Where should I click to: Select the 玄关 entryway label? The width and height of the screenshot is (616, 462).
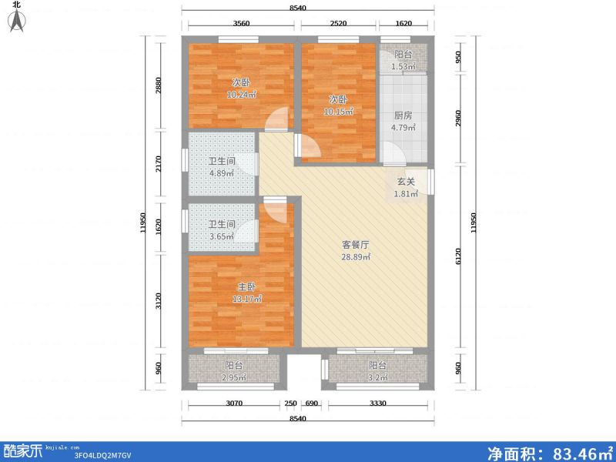click(x=406, y=182)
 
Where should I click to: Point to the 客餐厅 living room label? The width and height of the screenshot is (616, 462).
click(x=357, y=245)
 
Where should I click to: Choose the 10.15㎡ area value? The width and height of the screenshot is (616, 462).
click(x=338, y=112)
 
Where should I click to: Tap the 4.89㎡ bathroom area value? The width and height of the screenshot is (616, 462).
click(x=221, y=173)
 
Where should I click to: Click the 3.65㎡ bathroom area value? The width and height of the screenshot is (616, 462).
click(x=221, y=236)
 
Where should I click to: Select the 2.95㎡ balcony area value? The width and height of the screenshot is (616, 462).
click(x=233, y=378)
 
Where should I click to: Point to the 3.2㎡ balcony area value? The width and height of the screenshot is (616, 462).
click(x=377, y=378)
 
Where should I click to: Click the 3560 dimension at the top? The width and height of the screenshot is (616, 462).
click(x=242, y=24)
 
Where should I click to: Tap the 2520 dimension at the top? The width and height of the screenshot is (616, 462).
click(x=339, y=24)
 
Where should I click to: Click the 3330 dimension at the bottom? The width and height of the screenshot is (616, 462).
click(x=378, y=404)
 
